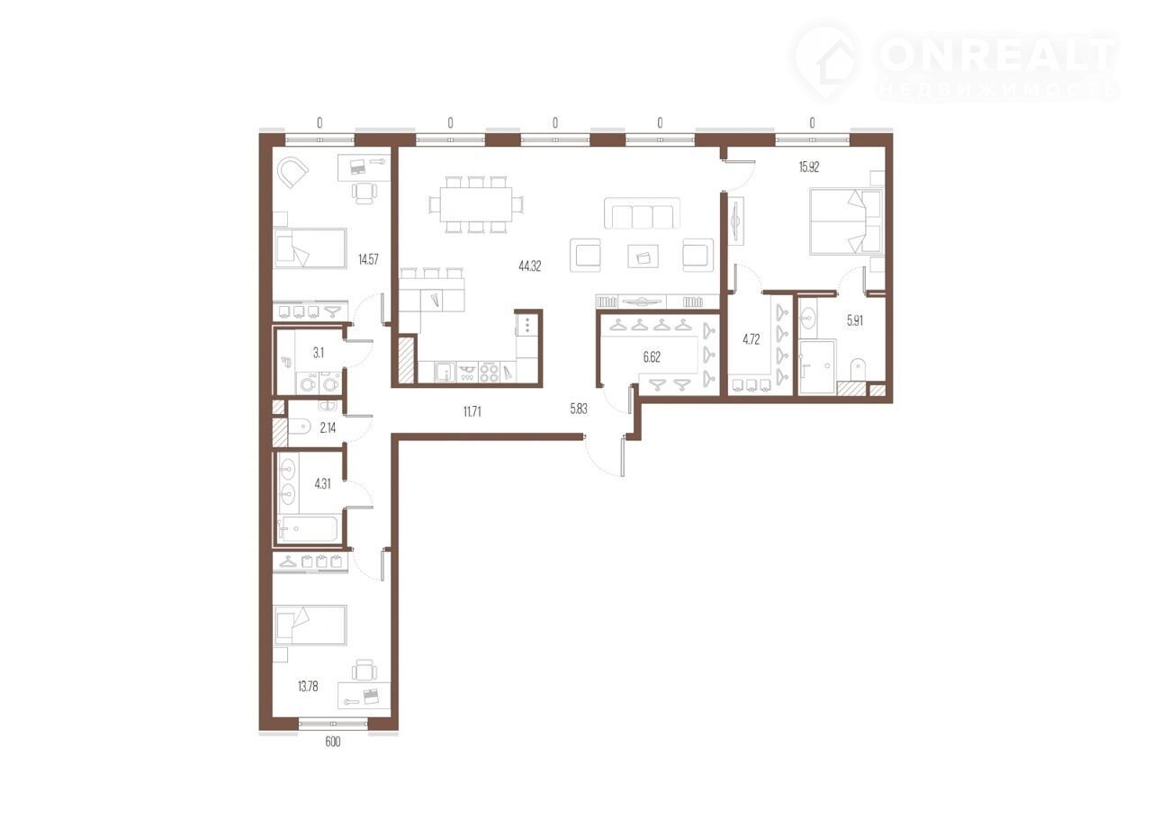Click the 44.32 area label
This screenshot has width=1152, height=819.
pos(530,266)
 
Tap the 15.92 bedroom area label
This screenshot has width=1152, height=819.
pos(809,166)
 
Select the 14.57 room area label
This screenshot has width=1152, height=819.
pos(368,259)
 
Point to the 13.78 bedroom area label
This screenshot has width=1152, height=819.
pos(308,687)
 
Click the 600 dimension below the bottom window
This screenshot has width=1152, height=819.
pos(333,742)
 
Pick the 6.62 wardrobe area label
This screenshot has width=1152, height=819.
pos(652,357)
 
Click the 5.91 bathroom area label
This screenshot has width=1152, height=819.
pos(855,320)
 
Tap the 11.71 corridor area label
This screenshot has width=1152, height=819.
pos(472,411)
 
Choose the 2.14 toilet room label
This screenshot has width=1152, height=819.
pos(328,427)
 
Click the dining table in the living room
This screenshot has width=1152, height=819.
pos(476,204)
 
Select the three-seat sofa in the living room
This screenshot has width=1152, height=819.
pos(642,213)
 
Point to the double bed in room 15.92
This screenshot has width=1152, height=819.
pos(847,221)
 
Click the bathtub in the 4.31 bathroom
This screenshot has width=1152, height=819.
pos(308,529)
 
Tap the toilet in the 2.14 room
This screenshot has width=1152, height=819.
pos(300,427)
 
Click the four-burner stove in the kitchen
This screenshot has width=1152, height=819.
pos(489,373)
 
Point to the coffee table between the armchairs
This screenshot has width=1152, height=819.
pos(643,256)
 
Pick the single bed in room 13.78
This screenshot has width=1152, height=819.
pos(310,625)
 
